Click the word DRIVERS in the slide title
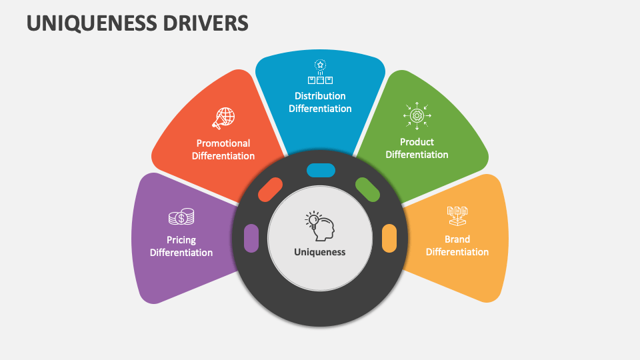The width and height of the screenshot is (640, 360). pyautogui.click(x=211, y=23)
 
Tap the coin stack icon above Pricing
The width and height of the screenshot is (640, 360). pyautogui.click(x=181, y=217)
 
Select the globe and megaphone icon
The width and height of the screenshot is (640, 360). pyautogui.click(x=223, y=118)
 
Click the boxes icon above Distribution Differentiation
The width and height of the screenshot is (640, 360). pyautogui.click(x=320, y=73)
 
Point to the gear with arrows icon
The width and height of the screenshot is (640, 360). pyautogui.click(x=417, y=115)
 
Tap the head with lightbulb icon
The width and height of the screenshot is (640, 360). pyautogui.click(x=320, y=226)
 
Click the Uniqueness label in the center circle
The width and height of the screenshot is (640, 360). pyautogui.click(x=320, y=252)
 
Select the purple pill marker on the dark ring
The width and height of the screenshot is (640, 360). pyautogui.click(x=251, y=238)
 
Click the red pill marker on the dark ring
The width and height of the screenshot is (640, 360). pyautogui.click(x=271, y=190)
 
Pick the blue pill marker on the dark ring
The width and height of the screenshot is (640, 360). pyautogui.click(x=321, y=170)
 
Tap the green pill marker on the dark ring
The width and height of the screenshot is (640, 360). pyautogui.click(x=367, y=189)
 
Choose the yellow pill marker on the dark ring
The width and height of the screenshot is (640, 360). pyautogui.click(x=389, y=238)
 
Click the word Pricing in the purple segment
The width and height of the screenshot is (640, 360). pyautogui.click(x=181, y=240)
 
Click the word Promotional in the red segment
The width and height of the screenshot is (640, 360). pyautogui.click(x=223, y=143)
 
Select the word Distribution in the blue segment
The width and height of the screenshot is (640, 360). pyautogui.click(x=320, y=96)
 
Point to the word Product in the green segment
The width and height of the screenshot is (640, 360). pyautogui.click(x=417, y=142)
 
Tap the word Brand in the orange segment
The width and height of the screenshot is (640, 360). pyautogui.click(x=457, y=239)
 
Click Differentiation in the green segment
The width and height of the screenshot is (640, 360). pyautogui.click(x=417, y=155)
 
